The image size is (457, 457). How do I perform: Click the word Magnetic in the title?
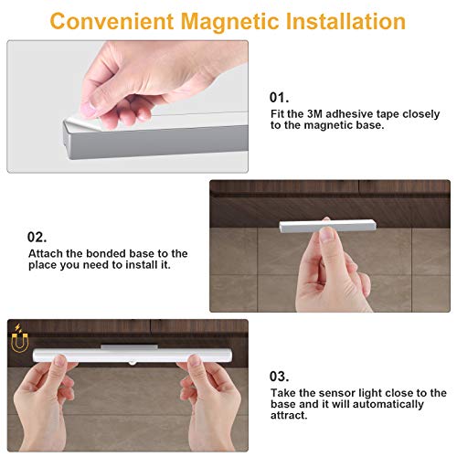(x=229, y=22)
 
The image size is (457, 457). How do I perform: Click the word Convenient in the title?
(x=112, y=21)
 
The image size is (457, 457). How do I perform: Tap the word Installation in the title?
(x=345, y=21)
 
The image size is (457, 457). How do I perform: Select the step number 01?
(x=279, y=98)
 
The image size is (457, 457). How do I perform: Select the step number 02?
(x=37, y=237)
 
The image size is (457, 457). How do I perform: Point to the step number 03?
(x=279, y=377)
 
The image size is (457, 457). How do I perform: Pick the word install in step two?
(x=142, y=265)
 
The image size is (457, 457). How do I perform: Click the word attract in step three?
(x=287, y=415)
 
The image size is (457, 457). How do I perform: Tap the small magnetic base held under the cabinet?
(x=328, y=227)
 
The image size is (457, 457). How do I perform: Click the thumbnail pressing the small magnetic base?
(x=328, y=234)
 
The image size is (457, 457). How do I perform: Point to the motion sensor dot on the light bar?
(x=133, y=363)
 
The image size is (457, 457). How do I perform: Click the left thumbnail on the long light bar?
(x=59, y=360)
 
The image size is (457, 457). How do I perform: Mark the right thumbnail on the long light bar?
(x=195, y=360)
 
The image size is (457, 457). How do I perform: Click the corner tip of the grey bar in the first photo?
(x=64, y=122)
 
